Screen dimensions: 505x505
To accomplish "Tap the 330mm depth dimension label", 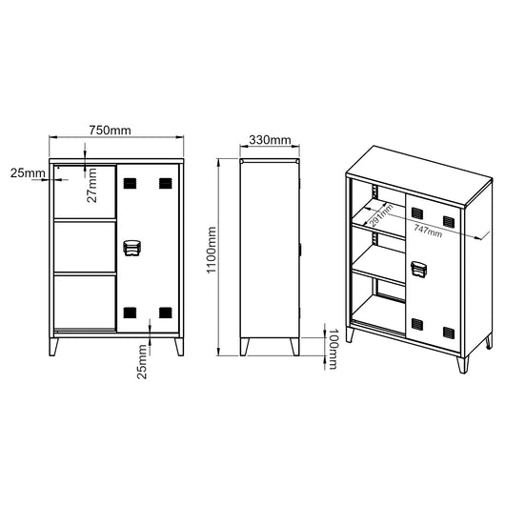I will click(x=270, y=140).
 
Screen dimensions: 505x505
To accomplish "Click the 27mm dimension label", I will click(x=93, y=186).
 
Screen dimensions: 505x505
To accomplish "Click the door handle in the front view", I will click(x=132, y=248).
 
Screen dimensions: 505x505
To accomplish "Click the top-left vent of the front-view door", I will click(x=132, y=181).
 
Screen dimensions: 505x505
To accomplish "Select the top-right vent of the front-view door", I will click(x=166, y=181).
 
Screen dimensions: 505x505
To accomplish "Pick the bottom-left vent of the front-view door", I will click(x=132, y=312).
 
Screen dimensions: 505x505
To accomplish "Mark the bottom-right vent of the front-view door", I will click(x=166, y=312).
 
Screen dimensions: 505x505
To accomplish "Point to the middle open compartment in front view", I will click(x=84, y=248).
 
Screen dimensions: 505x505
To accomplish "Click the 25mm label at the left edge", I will click(x=27, y=172).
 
